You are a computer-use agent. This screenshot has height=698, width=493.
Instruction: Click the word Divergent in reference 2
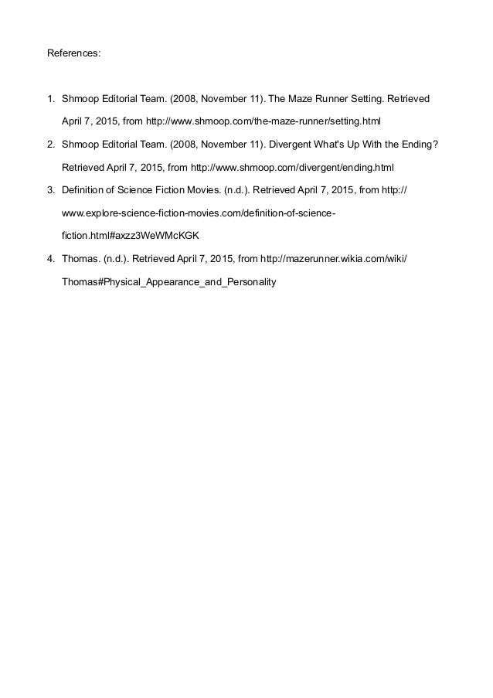point(299,145)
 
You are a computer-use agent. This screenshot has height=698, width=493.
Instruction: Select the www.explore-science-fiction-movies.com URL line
point(199,211)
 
